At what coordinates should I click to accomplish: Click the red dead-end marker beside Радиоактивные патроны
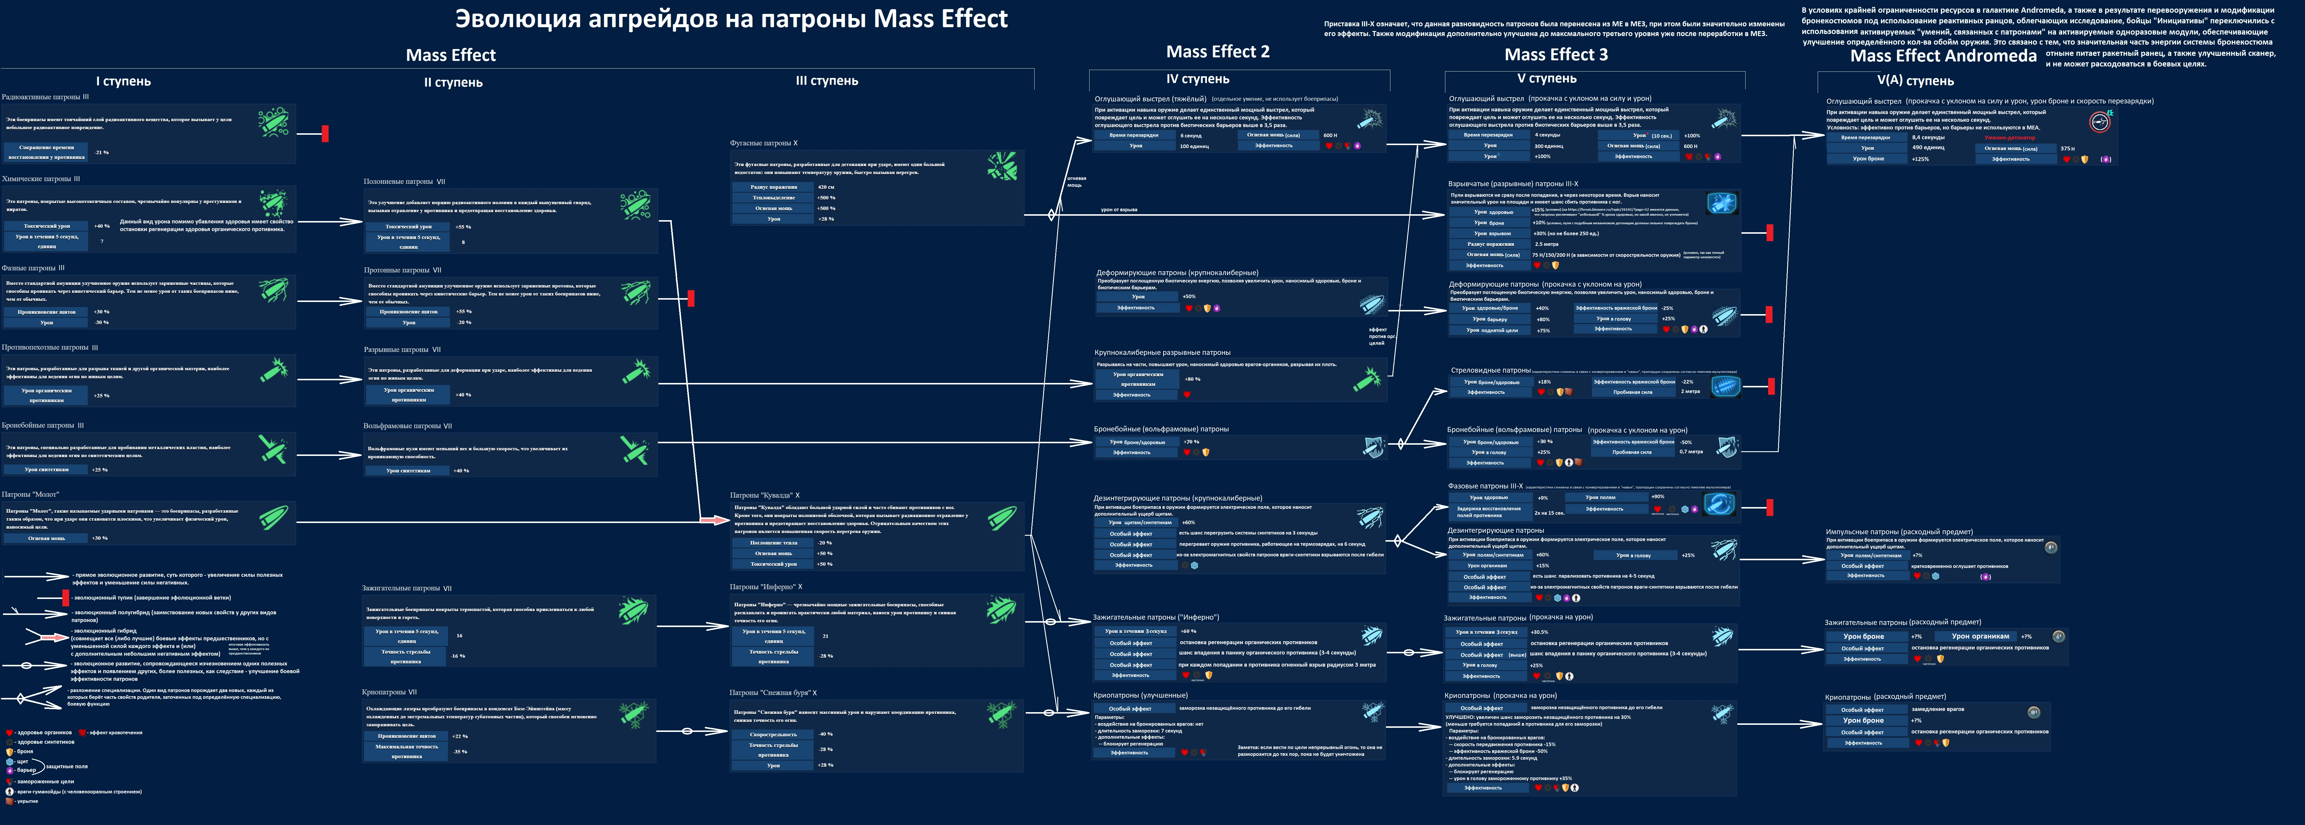pyautogui.click(x=325, y=133)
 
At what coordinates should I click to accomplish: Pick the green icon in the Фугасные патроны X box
pyautogui.click(x=1002, y=166)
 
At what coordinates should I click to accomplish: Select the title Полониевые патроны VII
pyautogui.click(x=405, y=182)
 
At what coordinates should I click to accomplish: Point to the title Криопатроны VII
pyautogui.click(x=389, y=692)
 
